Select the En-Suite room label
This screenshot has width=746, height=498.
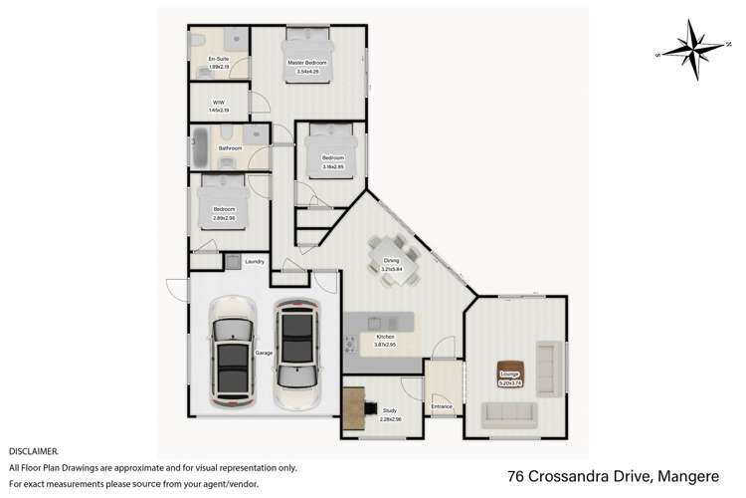(218, 63)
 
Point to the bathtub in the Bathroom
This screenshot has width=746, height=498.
(199, 148)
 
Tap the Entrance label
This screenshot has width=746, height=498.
(442, 407)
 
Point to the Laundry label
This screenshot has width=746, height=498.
(254, 262)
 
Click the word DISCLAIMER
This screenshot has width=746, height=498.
(33, 451)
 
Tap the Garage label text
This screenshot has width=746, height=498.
(264, 354)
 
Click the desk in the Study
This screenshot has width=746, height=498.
(353, 407)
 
